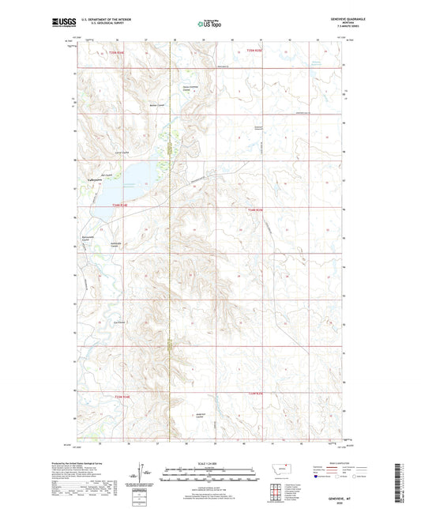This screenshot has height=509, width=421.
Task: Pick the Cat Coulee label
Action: (120, 322)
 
